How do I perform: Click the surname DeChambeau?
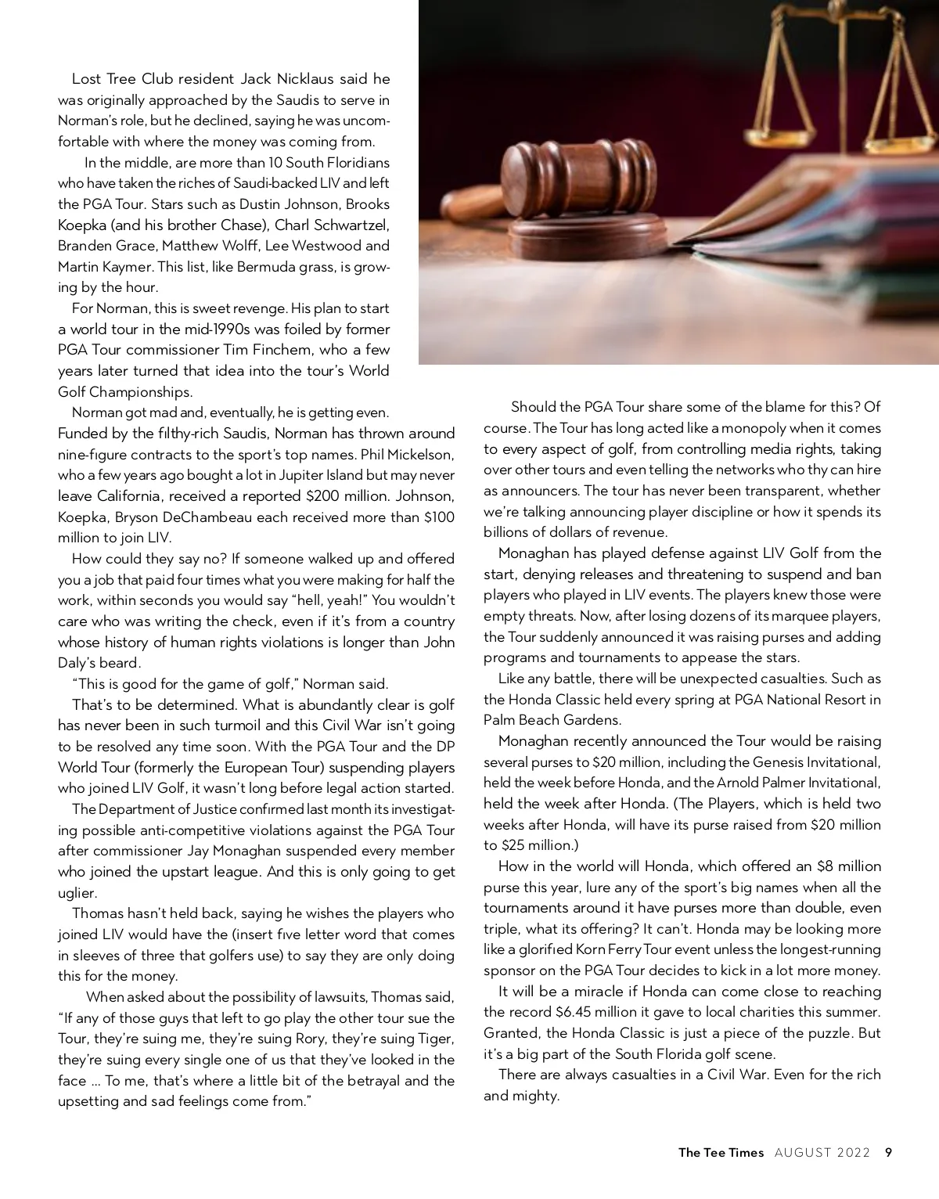click(x=228, y=517)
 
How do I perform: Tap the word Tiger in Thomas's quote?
click(x=435, y=1039)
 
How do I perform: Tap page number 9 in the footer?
click(x=888, y=1152)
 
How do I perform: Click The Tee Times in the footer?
click(x=721, y=1152)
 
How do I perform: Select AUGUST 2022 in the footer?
click(x=822, y=1152)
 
